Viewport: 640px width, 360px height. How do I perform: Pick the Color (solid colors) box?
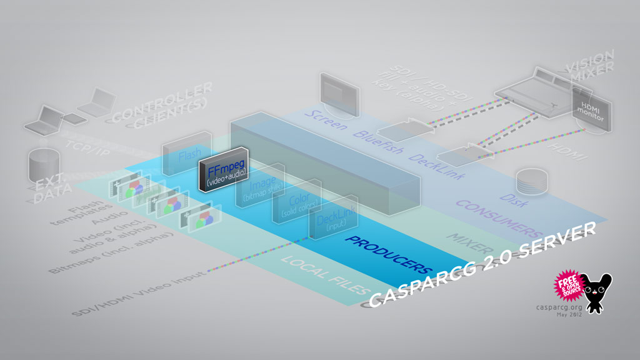[296, 206]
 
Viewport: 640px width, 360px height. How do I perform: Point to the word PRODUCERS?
[388, 256]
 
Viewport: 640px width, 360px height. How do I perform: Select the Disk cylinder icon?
[531, 181]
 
